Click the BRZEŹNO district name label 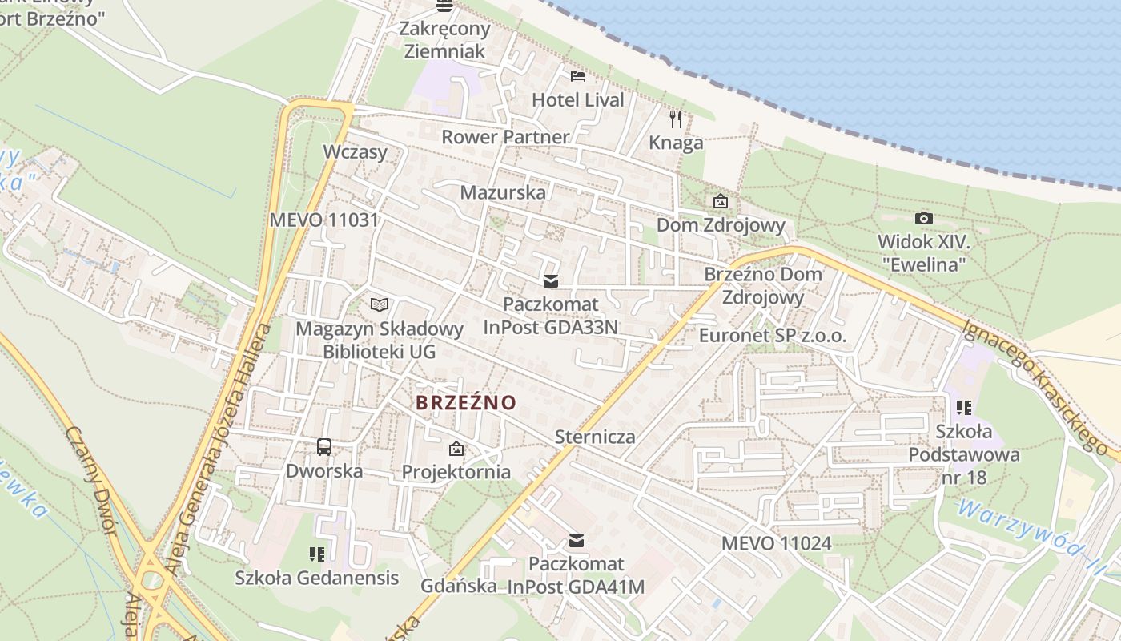pos(466,402)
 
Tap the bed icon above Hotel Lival pos(578,76)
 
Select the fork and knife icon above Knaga pos(677,119)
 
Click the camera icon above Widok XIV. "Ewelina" pos(923,218)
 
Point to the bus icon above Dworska pos(324,447)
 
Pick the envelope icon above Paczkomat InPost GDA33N pos(551,281)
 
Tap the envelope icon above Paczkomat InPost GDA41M pos(577,541)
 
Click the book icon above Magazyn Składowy pos(380,304)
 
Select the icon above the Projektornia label pos(456,449)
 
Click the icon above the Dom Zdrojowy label pos(721,201)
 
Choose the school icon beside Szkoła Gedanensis pos(317,554)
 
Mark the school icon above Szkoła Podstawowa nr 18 pos(964,408)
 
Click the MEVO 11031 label pos(323,220)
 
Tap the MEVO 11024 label pos(777,543)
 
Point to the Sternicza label pos(595,437)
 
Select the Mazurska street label pos(503,192)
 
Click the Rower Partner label pos(505,136)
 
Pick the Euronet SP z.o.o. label pos(772,336)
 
